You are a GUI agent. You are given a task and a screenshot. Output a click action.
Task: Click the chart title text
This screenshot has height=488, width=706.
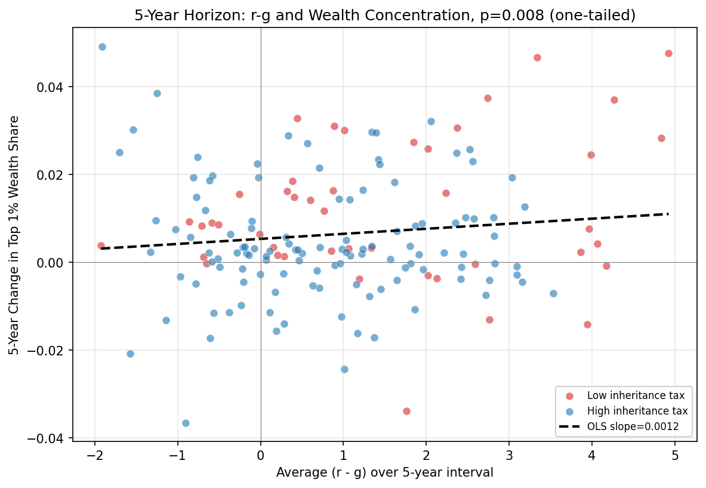tap(385, 16)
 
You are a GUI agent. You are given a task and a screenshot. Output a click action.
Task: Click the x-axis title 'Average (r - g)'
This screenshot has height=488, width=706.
tap(385, 472)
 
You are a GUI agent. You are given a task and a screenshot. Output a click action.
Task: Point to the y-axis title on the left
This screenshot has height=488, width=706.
tap(14, 235)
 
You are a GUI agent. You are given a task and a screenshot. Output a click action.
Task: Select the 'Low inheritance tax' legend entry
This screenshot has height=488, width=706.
tap(635, 395)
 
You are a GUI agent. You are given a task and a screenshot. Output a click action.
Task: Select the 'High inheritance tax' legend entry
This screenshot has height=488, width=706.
tap(637, 411)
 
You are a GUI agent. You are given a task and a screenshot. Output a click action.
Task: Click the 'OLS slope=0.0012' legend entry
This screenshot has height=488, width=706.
tap(632, 427)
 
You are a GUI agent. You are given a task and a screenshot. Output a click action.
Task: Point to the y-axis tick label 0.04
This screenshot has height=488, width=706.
tap(51, 87)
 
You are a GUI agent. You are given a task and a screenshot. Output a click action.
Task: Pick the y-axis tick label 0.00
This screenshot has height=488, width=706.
tap(51, 263)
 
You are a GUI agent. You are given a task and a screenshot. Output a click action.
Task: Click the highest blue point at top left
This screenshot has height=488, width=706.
tap(102, 47)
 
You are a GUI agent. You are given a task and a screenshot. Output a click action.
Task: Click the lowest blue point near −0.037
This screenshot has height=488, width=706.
tap(186, 423)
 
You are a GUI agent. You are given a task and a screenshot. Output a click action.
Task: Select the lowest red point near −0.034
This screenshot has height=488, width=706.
tap(406, 411)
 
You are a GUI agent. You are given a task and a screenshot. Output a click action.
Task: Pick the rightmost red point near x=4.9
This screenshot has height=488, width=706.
tap(668, 53)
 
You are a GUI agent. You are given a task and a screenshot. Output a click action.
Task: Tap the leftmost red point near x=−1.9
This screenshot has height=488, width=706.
tap(101, 245)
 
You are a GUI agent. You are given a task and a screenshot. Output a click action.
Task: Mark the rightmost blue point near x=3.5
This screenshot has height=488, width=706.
tap(553, 293)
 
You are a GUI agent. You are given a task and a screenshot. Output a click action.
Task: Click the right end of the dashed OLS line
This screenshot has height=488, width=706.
tap(668, 214)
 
